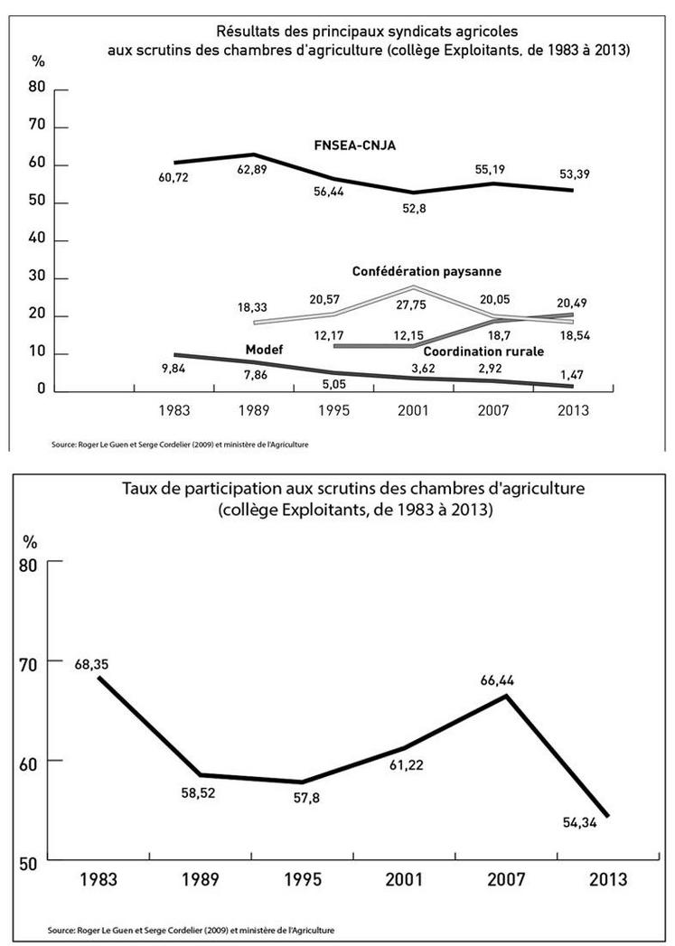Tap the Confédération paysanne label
427,271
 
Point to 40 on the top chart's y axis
38,241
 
